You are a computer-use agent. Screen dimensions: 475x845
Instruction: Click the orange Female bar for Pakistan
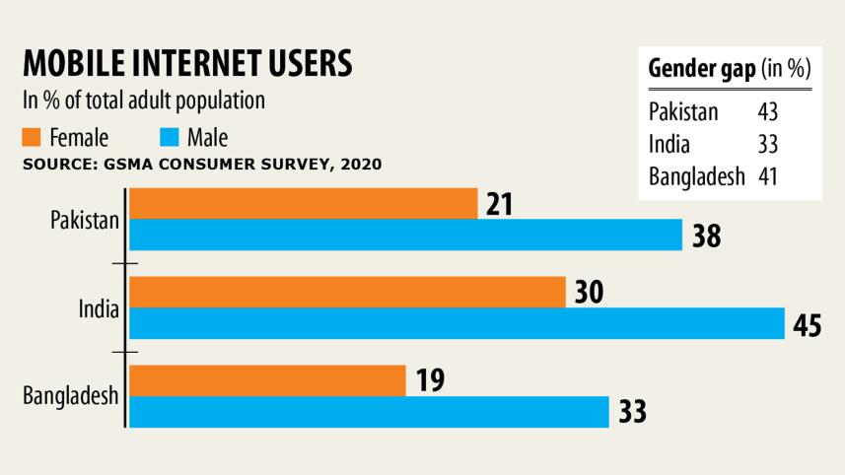(303, 204)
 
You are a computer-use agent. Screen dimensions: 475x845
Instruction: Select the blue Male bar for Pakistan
(405, 236)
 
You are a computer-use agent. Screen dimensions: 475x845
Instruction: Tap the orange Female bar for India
(347, 292)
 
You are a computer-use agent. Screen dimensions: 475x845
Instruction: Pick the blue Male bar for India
(457, 323)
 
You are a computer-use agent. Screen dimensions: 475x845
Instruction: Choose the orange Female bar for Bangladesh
(267, 380)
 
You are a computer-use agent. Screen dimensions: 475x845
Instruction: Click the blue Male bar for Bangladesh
(369, 412)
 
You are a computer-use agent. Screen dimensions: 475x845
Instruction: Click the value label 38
(705, 237)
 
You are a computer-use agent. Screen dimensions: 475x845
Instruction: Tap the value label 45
(807, 324)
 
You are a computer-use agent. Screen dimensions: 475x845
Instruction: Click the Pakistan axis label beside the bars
(85, 219)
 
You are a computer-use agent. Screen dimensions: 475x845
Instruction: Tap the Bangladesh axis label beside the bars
(71, 396)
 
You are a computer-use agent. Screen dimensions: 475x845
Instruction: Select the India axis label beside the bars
(99, 308)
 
